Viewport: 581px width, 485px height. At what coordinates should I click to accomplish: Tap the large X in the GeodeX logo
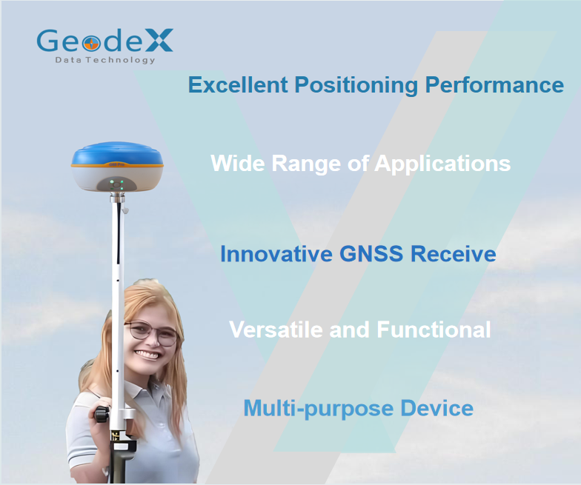[158, 40]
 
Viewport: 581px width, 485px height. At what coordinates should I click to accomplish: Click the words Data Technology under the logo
[105, 60]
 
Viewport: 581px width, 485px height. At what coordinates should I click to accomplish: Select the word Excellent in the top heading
[238, 84]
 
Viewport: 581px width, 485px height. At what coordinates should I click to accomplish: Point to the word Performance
[494, 84]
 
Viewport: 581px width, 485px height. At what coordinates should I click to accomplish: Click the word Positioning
[356, 85]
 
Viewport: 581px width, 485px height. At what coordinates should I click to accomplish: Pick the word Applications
[442, 163]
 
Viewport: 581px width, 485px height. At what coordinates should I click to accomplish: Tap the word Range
[306, 164]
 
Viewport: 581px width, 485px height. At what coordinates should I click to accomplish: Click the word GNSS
[371, 253]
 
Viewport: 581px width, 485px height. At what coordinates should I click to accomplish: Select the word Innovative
[276, 253]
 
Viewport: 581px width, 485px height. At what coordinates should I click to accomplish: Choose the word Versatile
[276, 329]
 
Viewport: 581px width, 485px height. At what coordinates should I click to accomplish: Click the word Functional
[434, 329]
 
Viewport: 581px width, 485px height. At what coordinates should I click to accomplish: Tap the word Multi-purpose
[319, 409]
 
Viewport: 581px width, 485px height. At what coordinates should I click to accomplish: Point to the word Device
[437, 408]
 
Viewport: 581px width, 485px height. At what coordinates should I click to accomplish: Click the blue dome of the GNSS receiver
[117, 153]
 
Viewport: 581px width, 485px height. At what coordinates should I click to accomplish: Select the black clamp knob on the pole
[101, 414]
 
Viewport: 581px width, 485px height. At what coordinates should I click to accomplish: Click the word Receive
[454, 253]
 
